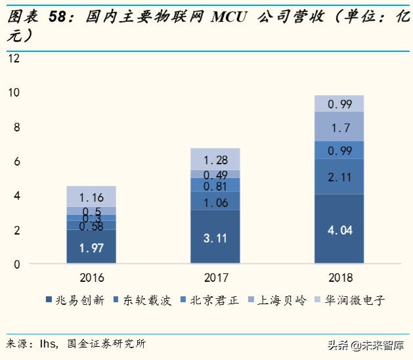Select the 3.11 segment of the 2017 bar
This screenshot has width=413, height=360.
click(x=215, y=237)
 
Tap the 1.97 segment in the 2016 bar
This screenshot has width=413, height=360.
click(x=91, y=247)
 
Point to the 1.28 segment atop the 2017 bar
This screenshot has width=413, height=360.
click(x=215, y=159)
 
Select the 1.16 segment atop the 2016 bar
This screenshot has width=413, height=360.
click(x=91, y=196)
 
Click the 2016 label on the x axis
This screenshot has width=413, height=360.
click(x=91, y=277)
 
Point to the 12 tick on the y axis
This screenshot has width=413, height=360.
click(x=14, y=58)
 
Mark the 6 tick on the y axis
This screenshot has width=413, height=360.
click(x=16, y=162)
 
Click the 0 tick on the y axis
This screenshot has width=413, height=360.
click(x=16, y=264)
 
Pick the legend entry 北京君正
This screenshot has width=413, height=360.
click(x=211, y=301)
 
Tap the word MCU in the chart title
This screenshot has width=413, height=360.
click(x=229, y=17)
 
